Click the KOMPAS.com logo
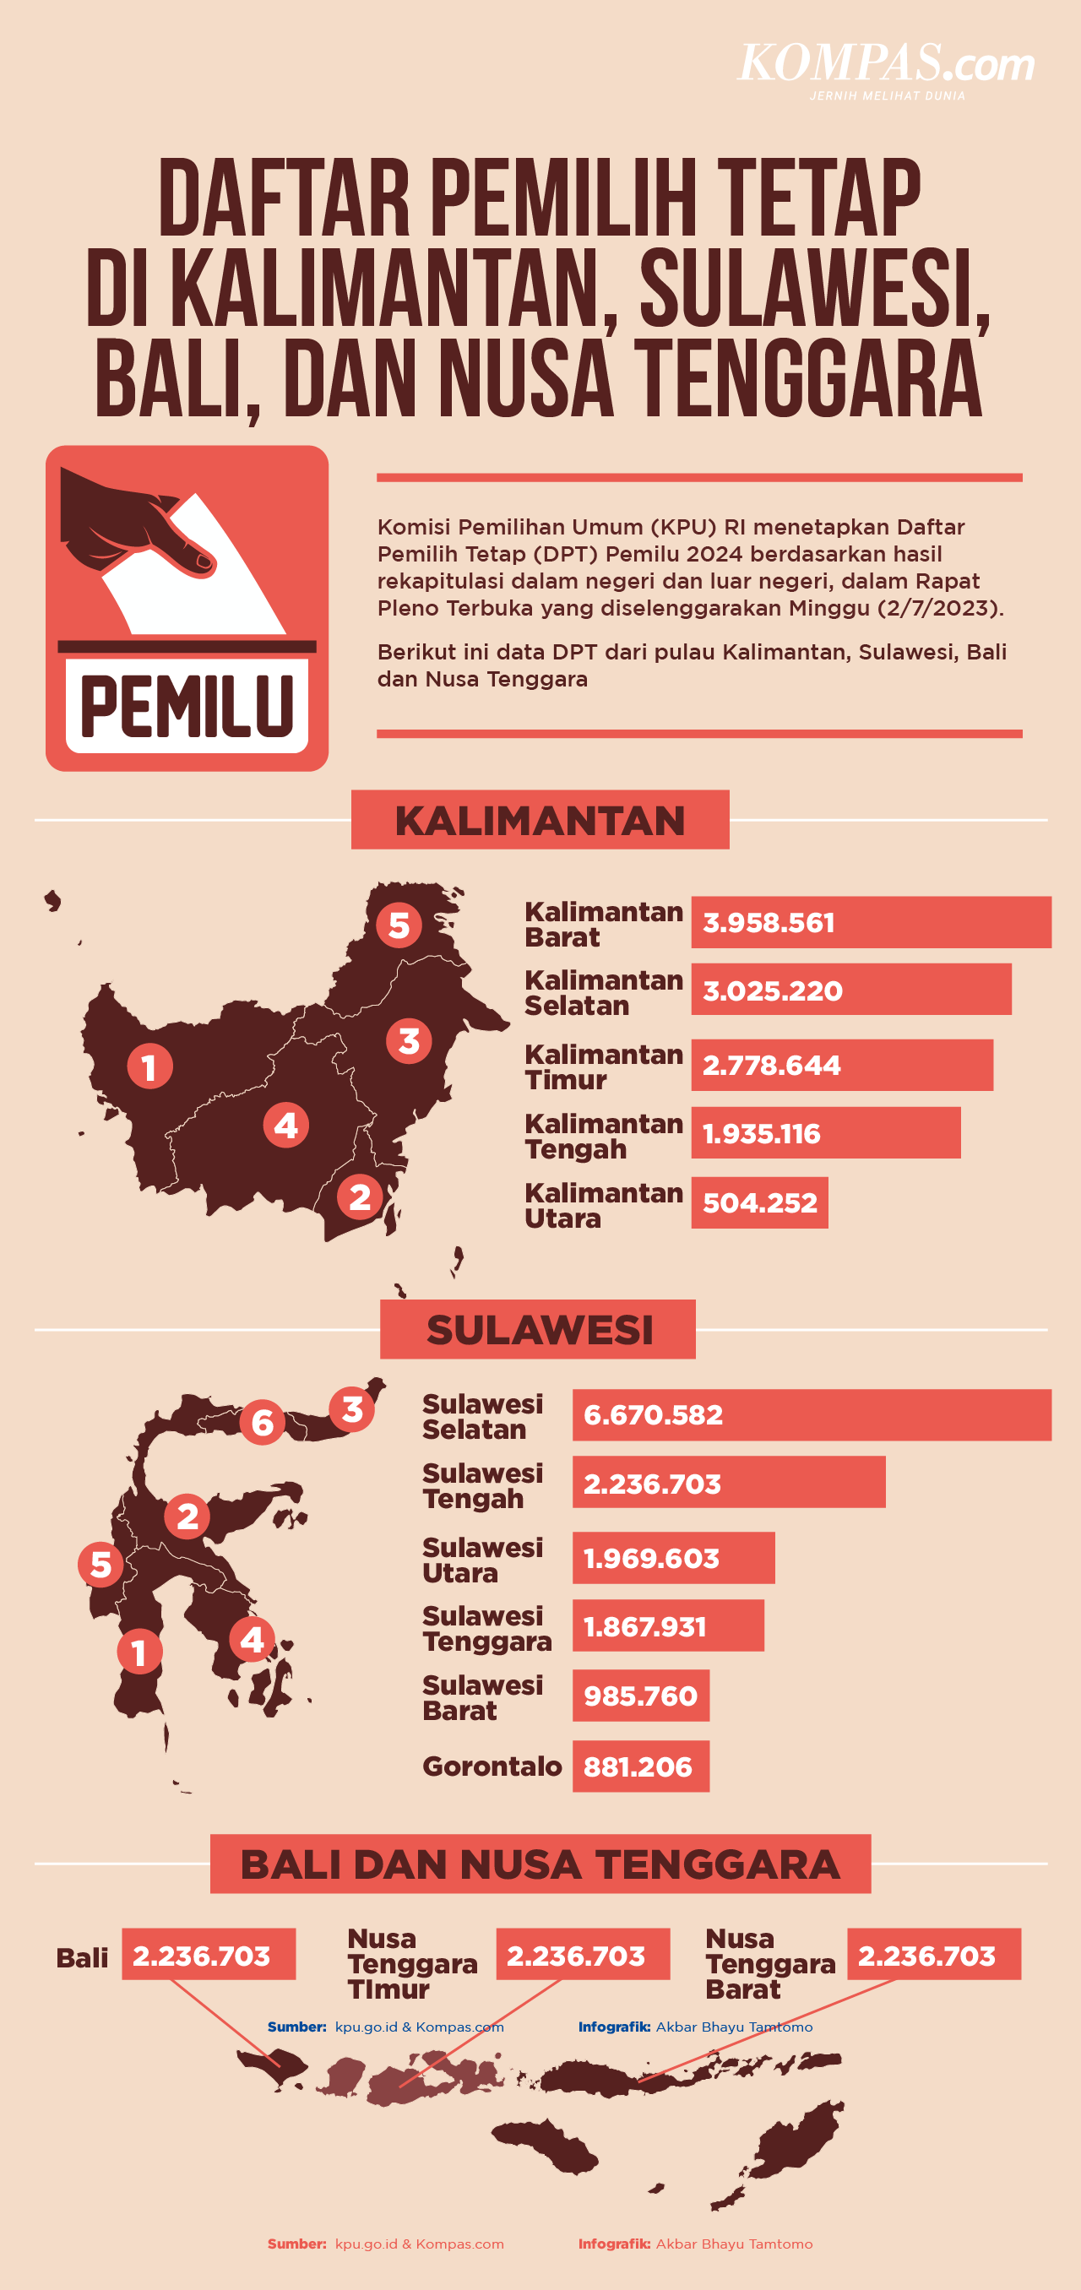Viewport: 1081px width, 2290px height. pos(886,68)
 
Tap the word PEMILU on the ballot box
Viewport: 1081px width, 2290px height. pos(187,706)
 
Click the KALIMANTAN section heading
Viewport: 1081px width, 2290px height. pos(540,820)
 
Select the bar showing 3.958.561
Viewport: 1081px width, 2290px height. pos(871,922)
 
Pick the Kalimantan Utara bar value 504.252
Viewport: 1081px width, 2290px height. pos(759,1202)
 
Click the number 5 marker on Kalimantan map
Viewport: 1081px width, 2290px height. pos(399,925)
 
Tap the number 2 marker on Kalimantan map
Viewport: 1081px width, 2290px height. pos(359,1197)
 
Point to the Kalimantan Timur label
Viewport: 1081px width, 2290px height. pos(603,1066)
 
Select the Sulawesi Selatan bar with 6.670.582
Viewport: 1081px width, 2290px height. pos(811,1414)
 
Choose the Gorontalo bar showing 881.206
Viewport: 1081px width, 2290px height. pos(640,1766)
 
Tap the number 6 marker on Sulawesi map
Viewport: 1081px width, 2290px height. pos(263,1422)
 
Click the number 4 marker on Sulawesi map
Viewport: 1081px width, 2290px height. pos(252,1639)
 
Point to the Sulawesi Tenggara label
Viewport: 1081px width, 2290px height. pos(486,1628)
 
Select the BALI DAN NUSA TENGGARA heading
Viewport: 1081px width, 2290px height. pos(540,1864)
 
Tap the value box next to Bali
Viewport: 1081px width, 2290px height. pos(208,1955)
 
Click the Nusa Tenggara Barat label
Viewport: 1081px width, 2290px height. pos(770,1963)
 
